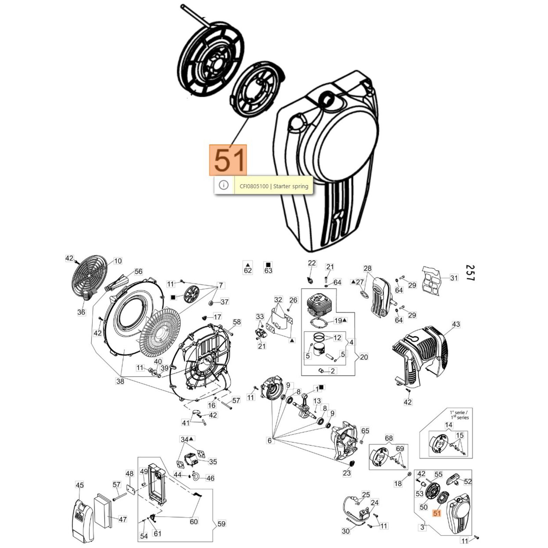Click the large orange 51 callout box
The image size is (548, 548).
(228, 160)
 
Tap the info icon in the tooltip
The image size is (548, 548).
(224, 185)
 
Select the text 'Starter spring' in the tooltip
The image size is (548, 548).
(291, 186)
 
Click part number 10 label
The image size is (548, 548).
(117, 261)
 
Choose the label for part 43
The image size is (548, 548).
(456, 324)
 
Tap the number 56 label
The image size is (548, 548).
(138, 272)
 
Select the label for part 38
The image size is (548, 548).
(120, 381)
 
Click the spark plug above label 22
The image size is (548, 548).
(310, 280)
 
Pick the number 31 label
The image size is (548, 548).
(454, 278)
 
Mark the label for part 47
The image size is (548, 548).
(123, 520)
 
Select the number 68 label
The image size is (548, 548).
(389, 438)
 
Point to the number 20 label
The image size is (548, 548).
(364, 357)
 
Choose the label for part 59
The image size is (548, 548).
(221, 524)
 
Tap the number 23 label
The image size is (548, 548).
(347, 473)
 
